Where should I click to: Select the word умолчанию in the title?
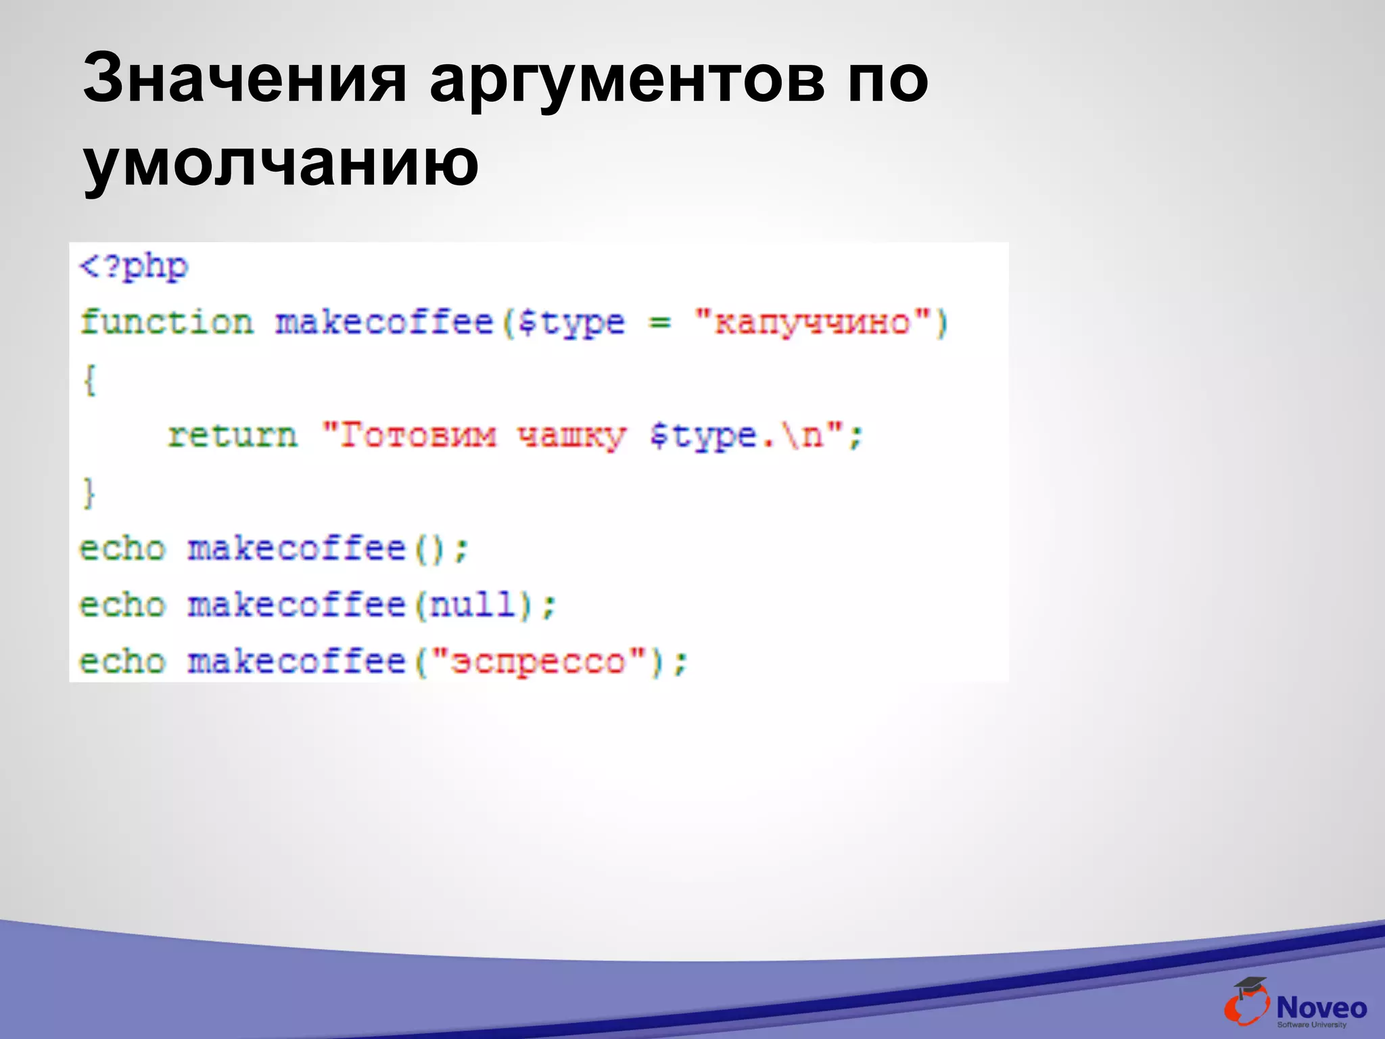[x=281, y=162]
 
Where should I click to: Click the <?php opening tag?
[x=133, y=267]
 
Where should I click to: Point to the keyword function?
[x=166, y=322]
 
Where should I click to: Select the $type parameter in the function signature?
[x=570, y=322]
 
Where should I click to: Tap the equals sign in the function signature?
[x=659, y=322]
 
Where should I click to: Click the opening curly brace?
[x=89, y=379]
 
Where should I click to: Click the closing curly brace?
[x=89, y=492]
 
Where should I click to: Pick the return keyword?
[x=232, y=435]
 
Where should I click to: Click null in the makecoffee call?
[x=473, y=604]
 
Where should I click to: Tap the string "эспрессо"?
[x=538, y=661]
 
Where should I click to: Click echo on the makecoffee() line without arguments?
[x=122, y=549]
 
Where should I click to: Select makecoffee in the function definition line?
[x=384, y=322]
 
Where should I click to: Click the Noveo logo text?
[x=1321, y=1008]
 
